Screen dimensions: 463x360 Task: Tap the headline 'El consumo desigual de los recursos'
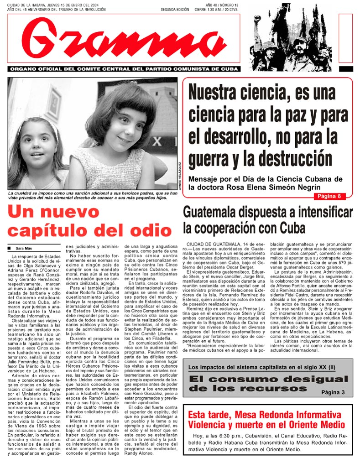coord(268,384)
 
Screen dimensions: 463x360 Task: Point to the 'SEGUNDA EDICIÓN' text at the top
coord(175,10)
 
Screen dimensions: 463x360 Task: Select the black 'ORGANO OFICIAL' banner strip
coord(124,69)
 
